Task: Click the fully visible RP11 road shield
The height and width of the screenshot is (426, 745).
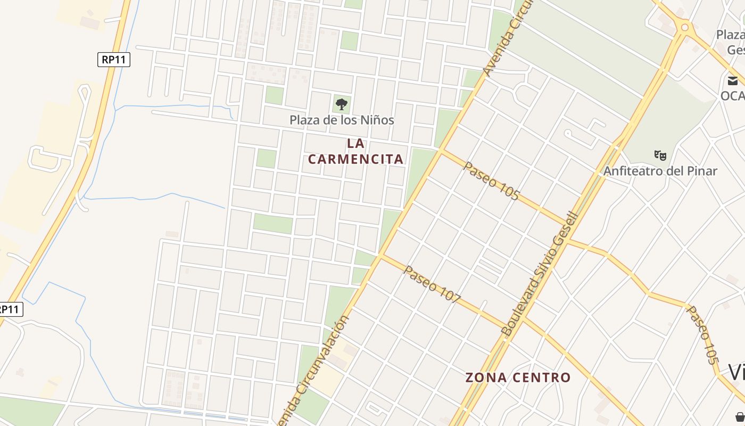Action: tap(114, 59)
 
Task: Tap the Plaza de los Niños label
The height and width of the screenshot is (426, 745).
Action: tap(342, 120)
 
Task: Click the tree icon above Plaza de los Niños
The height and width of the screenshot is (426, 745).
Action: tap(342, 104)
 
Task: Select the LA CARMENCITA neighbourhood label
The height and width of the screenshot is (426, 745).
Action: tap(355, 151)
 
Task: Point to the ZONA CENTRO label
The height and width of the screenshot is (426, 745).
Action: tap(518, 378)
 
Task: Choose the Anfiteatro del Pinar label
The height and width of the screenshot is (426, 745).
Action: tap(660, 171)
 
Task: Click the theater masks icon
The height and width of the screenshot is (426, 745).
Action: tap(660, 155)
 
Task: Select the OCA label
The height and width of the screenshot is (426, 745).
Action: tap(733, 95)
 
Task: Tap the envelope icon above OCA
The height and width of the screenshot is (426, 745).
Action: tap(733, 81)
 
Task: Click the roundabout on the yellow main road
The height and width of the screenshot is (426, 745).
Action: tap(685, 27)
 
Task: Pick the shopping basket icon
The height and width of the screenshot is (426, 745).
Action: tap(740, 416)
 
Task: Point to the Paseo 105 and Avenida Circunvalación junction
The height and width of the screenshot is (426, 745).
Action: tap(441, 151)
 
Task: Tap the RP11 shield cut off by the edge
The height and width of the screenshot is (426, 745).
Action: tap(11, 309)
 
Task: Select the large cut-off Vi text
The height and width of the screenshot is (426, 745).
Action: tap(736, 372)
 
